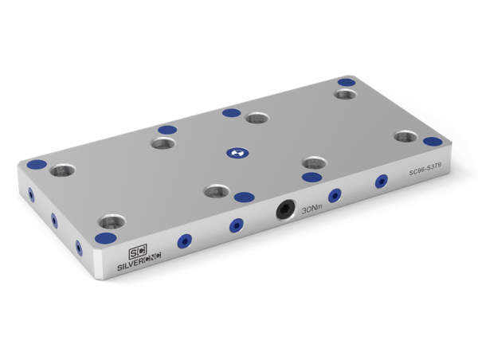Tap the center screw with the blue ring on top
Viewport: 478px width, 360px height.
coord(234,151)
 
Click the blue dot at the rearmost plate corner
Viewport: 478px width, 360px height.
coord(346,81)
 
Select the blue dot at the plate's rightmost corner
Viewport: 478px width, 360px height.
coord(433,142)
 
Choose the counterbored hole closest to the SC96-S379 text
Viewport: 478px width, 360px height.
coord(406,136)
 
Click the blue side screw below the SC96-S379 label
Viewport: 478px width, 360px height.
coord(381,181)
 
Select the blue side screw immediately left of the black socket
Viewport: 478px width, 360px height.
coord(236,225)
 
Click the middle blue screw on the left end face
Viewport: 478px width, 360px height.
coord(54,219)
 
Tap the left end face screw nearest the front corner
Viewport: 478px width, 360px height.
coord(79,246)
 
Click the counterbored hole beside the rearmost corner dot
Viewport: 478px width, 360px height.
coord(345,95)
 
